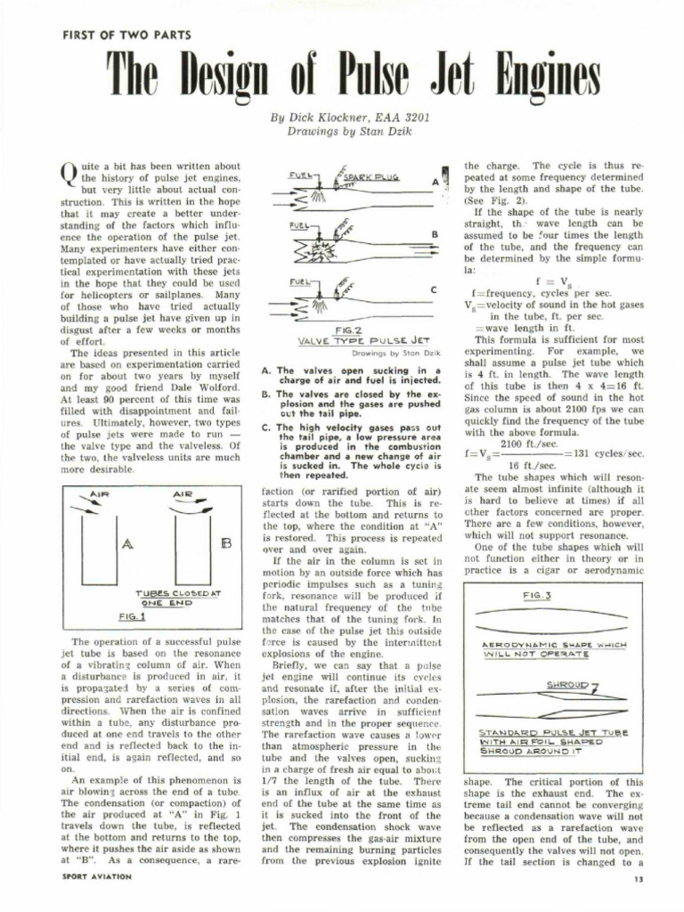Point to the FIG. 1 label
coord(132,615)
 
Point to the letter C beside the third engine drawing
coord(433,290)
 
